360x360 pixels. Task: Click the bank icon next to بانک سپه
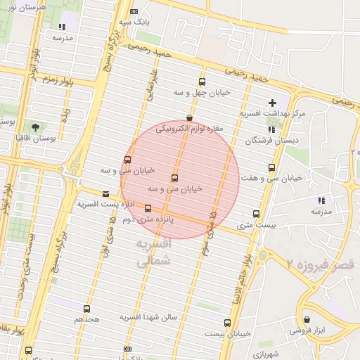coord(134,12)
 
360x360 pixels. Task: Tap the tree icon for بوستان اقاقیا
coord(35,126)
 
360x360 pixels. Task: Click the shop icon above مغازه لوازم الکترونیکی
coord(188,118)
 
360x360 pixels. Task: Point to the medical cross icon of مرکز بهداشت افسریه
coord(272,103)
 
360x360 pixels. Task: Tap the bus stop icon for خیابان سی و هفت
coord(271,167)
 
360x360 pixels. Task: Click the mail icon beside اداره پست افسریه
coord(105,193)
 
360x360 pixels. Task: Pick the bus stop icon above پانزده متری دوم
coord(148,208)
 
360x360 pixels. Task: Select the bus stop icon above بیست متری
coord(256,214)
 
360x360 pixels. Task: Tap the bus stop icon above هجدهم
coord(86,309)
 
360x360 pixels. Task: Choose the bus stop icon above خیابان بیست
coord(227,323)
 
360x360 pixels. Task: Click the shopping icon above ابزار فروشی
coord(307,319)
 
